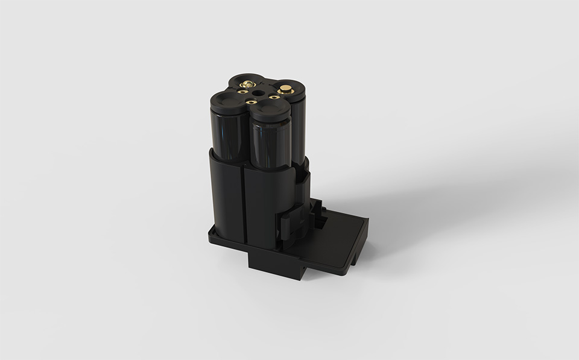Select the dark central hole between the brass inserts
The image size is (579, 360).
click(x=258, y=94)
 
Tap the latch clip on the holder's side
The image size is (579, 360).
click(x=291, y=219)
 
